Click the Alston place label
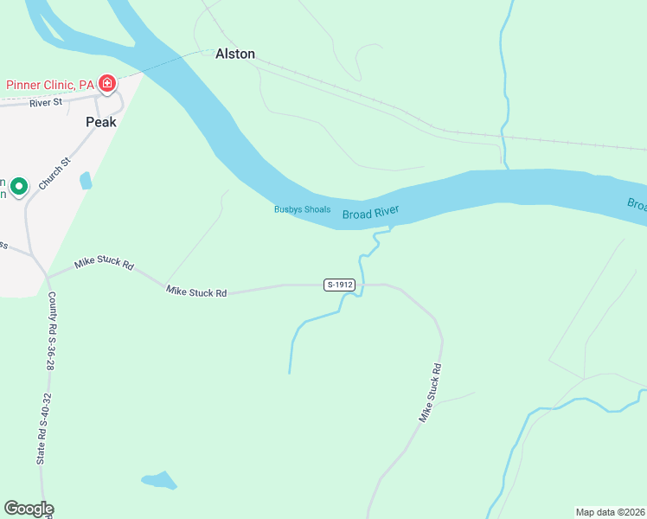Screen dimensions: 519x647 coord(235,54)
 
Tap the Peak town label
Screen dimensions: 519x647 coord(100,123)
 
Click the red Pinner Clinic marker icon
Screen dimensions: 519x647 coord(107,84)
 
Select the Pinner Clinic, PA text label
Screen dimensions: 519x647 coord(50,85)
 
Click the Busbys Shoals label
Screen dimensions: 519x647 coord(302,209)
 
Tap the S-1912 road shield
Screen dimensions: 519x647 coord(340,285)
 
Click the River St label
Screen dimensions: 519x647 coord(46,102)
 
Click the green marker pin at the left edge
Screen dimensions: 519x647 coord(19,186)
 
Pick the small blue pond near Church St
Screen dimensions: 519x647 coord(85,181)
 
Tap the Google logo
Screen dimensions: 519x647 coord(29,509)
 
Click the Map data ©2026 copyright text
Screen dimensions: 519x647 coord(610,511)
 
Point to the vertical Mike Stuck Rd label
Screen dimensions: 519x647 coord(431,392)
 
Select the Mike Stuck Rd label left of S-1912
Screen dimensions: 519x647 coord(196,292)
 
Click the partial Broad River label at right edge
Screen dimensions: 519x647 coord(637,204)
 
